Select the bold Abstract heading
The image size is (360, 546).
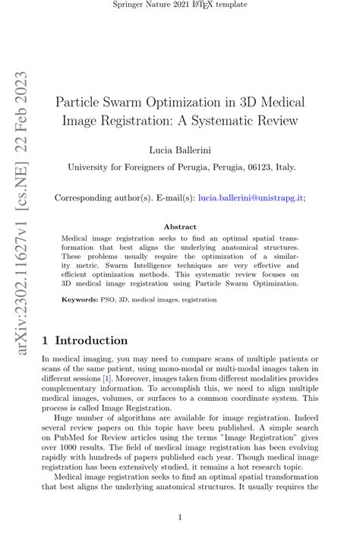click(180, 226)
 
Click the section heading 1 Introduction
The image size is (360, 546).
click(85, 340)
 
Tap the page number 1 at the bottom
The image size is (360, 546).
click(180, 518)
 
